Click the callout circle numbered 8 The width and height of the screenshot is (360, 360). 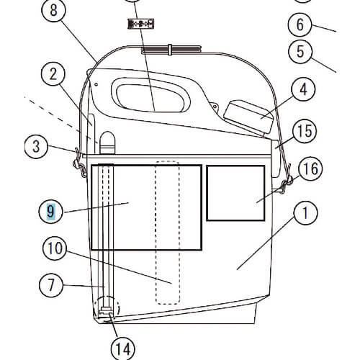[x=53, y=11]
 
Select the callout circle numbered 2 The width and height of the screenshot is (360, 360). [x=53, y=74]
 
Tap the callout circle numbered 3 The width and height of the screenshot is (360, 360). [x=36, y=146]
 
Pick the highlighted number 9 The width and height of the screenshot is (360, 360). [x=50, y=212]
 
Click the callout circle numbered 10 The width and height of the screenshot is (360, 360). [x=55, y=248]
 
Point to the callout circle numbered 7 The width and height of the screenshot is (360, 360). [x=51, y=285]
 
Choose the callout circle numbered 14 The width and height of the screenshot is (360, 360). [x=123, y=348]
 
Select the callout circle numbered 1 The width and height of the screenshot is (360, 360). [x=305, y=212]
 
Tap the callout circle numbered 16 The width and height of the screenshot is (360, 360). [x=310, y=168]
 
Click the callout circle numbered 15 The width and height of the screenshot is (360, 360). [x=305, y=131]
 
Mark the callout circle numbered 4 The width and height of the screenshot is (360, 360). [x=303, y=90]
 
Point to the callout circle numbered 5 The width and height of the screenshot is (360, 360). [x=300, y=51]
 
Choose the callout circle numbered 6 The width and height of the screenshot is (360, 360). [x=300, y=24]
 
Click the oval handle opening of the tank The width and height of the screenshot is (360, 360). [x=150, y=95]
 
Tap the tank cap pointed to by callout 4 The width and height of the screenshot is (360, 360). [x=249, y=117]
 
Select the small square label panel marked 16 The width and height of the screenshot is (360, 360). [x=235, y=193]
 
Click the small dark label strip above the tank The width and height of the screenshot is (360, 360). [x=140, y=24]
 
